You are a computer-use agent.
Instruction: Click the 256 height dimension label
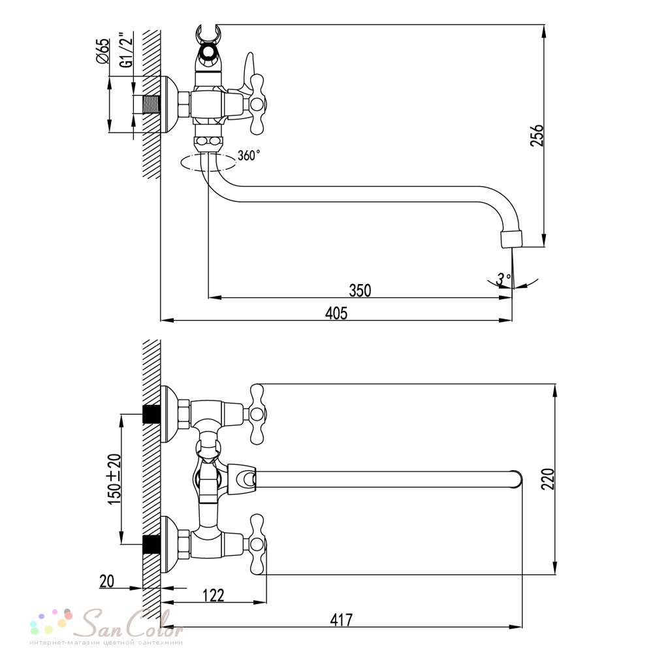(x=537, y=135)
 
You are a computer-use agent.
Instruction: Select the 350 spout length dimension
(x=360, y=290)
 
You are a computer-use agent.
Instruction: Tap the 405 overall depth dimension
(x=336, y=313)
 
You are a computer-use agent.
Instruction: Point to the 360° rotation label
(x=249, y=155)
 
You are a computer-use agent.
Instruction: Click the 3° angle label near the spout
(x=503, y=278)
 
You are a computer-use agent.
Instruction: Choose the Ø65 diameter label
(x=103, y=51)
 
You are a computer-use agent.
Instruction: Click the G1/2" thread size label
(x=126, y=50)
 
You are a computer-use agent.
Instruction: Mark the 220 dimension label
(x=549, y=479)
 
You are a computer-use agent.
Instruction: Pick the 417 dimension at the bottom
(x=342, y=620)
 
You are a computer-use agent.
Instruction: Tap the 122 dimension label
(x=214, y=595)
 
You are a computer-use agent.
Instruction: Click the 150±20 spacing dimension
(x=114, y=479)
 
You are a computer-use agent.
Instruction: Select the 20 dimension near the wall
(x=106, y=581)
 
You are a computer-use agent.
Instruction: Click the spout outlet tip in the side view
(x=512, y=239)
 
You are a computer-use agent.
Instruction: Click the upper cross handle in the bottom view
(x=257, y=413)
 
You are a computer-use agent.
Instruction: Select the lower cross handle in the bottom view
(x=257, y=544)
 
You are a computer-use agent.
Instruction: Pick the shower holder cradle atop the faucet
(x=208, y=37)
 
